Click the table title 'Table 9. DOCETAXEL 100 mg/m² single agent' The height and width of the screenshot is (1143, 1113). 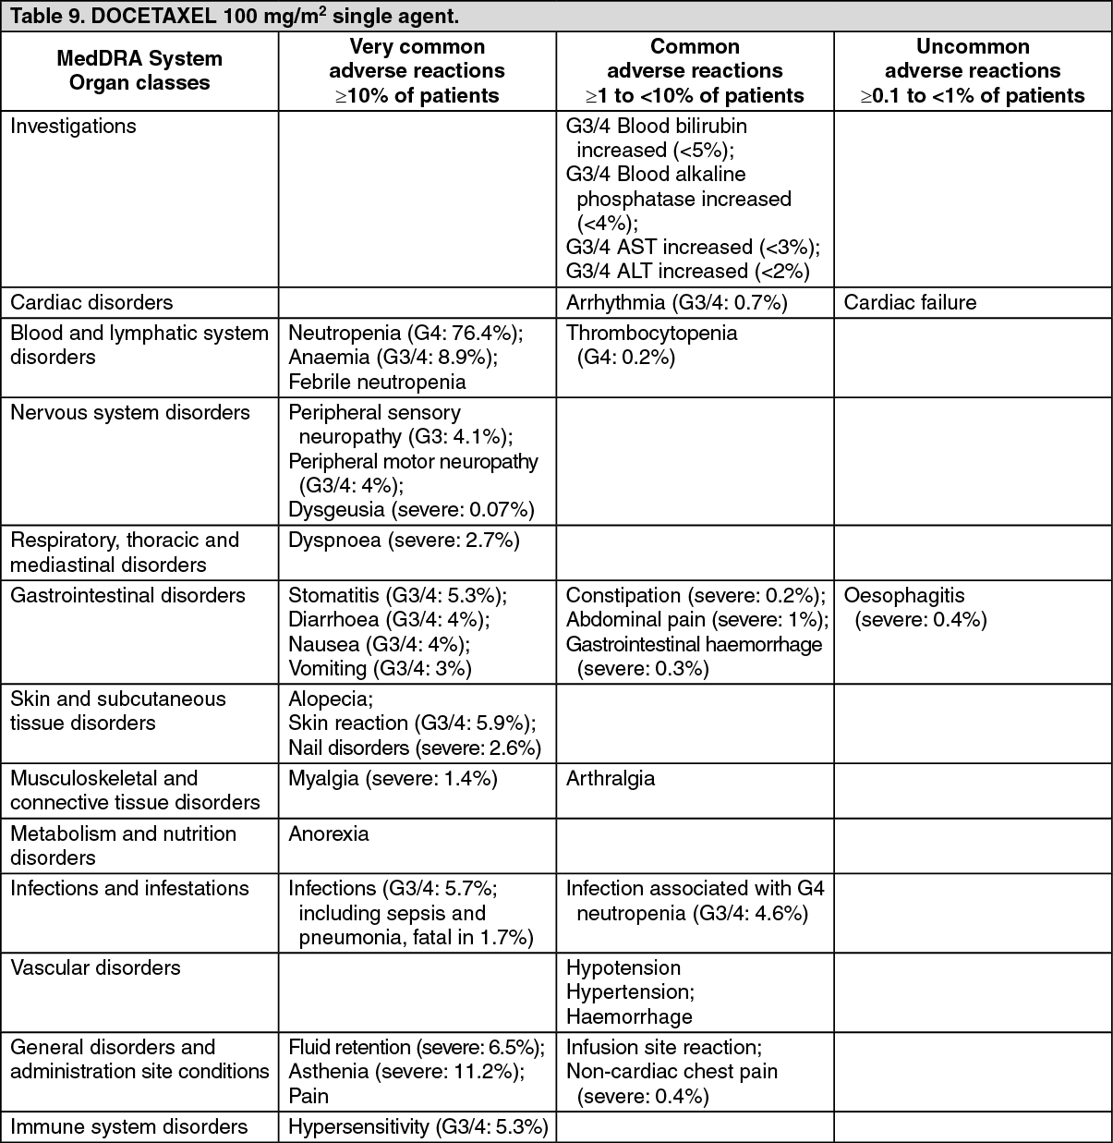[x=235, y=17]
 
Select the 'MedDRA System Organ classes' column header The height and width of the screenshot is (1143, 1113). [x=139, y=70]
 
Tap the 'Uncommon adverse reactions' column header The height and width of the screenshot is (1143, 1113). [x=973, y=70]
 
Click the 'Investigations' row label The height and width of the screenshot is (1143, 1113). [x=73, y=127]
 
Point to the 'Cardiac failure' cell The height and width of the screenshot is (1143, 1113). [x=910, y=302]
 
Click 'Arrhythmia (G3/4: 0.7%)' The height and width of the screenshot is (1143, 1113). [x=676, y=302]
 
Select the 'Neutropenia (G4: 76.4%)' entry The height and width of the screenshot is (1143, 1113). [x=405, y=333]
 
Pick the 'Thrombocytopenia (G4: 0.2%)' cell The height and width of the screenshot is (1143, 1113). [x=651, y=345]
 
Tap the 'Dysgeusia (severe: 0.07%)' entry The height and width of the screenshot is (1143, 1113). [x=411, y=509]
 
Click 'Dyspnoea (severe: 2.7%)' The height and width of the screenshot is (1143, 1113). [x=404, y=541]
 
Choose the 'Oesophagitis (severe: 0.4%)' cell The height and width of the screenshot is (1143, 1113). [x=914, y=607]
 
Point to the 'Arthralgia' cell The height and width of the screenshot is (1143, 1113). [x=611, y=778]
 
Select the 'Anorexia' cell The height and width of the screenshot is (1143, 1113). [x=329, y=833]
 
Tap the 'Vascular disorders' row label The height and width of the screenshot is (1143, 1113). [x=95, y=967]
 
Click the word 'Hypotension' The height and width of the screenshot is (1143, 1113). [x=623, y=967]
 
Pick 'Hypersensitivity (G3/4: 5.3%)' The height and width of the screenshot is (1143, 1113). [x=418, y=1126]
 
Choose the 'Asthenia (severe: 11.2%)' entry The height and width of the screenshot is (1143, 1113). [x=406, y=1071]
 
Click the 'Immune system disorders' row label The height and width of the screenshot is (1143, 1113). [x=128, y=1126]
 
